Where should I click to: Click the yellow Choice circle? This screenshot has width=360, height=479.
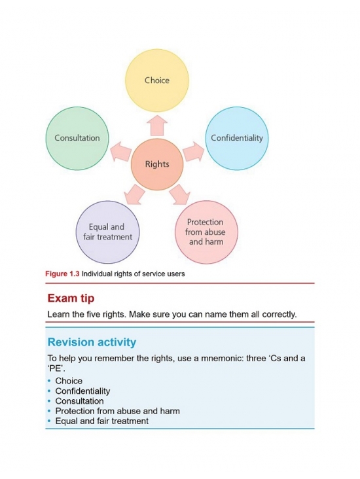pos(157,80)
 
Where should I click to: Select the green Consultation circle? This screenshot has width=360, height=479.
pos(77,138)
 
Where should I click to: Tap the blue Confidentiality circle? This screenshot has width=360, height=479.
pos(236,138)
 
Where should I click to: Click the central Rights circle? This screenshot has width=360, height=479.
pos(157,164)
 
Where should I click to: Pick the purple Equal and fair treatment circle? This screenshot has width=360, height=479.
pos(107,232)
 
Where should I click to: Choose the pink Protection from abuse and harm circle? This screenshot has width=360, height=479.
pos(206,232)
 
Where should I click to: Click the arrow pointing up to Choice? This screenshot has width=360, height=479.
pos(157,125)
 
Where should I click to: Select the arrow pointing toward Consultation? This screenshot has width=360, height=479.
pos(121,151)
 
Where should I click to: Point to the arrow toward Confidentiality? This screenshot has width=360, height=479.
pos(194,151)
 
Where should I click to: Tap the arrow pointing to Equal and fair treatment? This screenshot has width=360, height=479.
pos(134,194)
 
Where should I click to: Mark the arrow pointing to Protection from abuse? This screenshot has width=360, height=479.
pos(180,194)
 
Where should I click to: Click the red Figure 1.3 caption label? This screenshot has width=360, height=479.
pos(62,274)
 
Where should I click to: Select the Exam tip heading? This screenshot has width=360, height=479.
pos(71,298)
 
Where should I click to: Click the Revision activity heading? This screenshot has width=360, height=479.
pos(92,342)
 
